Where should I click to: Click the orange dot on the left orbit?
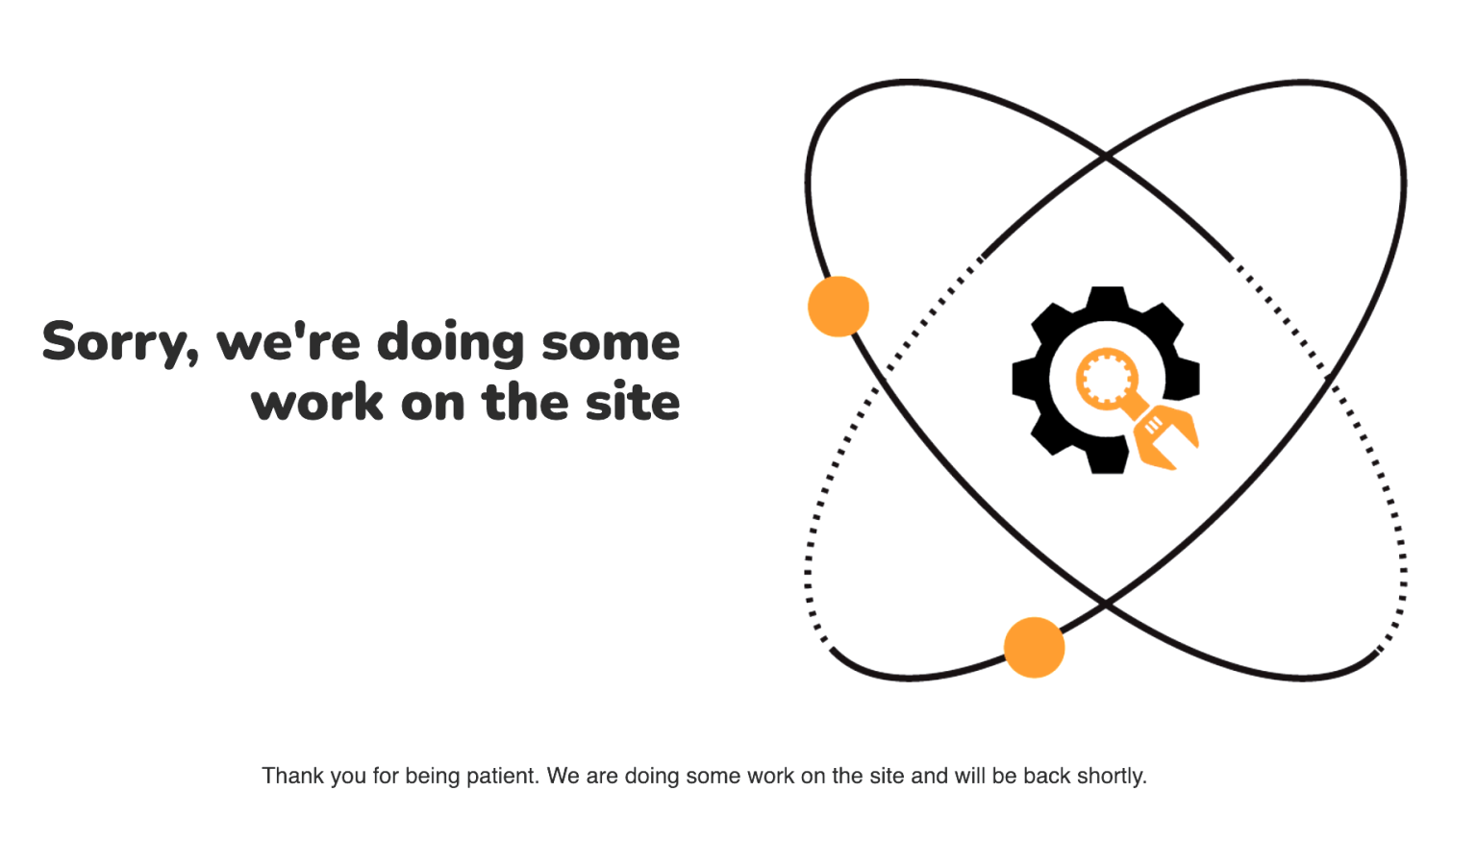coord(839,307)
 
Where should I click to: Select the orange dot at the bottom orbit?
coord(1034,647)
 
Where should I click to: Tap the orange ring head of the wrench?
coord(1107,379)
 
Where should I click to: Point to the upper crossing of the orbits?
coord(1107,157)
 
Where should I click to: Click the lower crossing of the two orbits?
coord(1106,603)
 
